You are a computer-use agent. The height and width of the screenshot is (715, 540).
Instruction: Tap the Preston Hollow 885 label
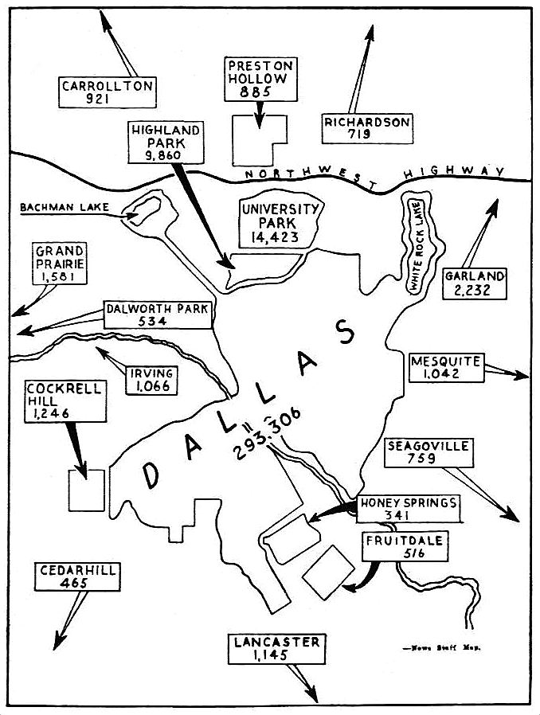260,78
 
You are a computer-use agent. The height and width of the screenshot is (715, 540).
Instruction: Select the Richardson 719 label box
367,128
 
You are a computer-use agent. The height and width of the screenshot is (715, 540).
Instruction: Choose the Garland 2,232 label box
475,283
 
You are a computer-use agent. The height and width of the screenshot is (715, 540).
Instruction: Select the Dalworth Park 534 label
158,315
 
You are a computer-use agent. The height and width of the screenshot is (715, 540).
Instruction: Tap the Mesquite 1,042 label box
445,368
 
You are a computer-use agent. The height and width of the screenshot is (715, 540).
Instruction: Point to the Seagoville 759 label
428,451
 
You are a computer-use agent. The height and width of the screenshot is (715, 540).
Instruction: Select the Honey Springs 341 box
408,510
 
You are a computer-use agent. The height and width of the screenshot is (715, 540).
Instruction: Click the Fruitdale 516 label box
403,547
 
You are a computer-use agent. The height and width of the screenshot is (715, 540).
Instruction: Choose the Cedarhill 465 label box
77,576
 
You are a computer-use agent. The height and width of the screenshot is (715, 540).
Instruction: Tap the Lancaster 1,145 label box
276,649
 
